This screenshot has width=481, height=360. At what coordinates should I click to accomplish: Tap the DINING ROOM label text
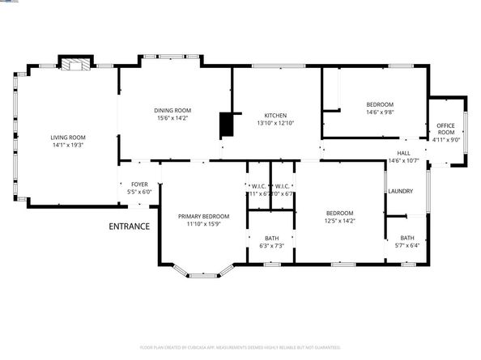point(172,110)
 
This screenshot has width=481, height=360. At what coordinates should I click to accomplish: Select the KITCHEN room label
point(276,115)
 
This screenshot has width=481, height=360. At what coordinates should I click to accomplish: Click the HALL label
point(403,153)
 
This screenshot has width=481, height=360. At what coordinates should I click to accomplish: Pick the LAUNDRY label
point(401,192)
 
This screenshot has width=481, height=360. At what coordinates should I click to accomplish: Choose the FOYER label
point(140,184)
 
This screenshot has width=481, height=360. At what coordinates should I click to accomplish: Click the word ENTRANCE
point(130,227)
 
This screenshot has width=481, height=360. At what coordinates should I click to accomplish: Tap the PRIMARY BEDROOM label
point(204,216)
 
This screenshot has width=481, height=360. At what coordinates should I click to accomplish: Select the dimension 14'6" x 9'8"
point(380,113)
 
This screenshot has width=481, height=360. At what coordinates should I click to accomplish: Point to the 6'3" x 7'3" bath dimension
point(271,245)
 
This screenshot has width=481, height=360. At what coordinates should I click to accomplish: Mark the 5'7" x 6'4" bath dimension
point(407,246)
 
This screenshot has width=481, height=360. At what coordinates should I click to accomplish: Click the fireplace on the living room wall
point(76,65)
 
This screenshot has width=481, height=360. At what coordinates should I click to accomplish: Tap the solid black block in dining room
point(226,125)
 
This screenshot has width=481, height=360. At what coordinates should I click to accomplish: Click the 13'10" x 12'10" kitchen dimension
point(276,123)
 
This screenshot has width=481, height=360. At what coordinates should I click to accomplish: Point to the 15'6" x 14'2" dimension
point(172,118)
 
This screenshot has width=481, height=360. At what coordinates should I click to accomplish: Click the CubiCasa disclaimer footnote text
point(240,346)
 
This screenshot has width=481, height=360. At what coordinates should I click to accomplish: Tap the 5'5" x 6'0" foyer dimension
point(140,193)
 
